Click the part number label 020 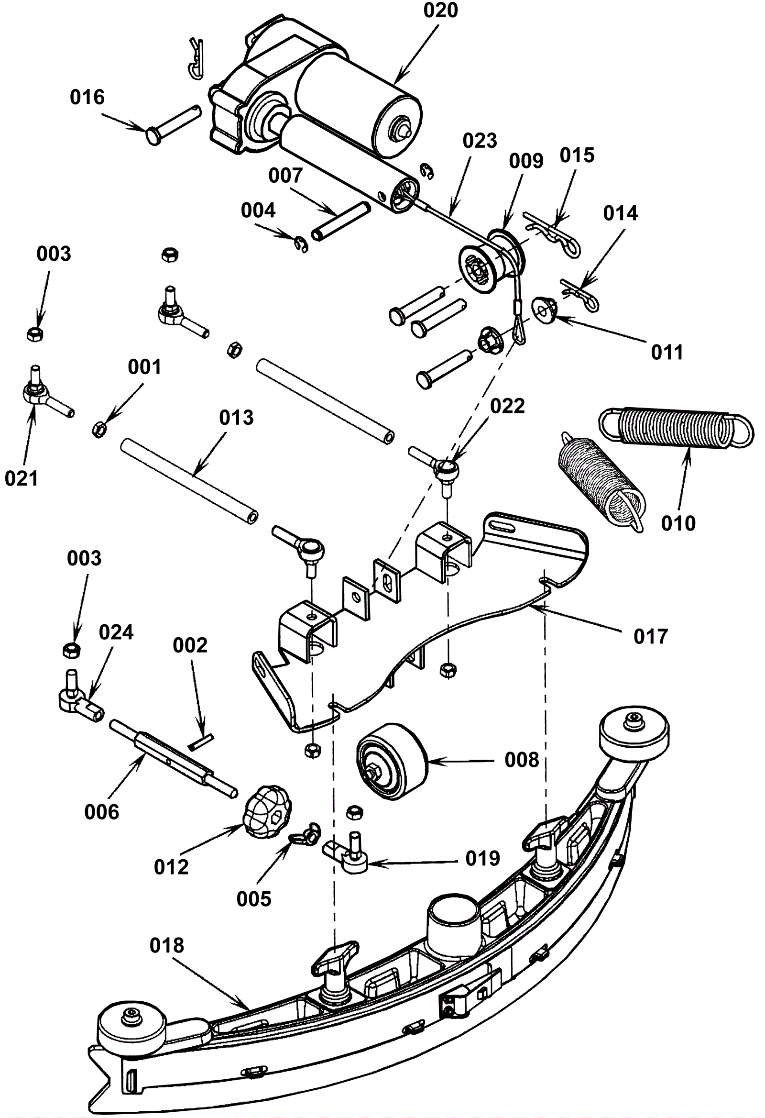pyautogui.click(x=440, y=10)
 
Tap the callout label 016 pyautogui.click(x=87, y=97)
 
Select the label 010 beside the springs pyautogui.click(x=678, y=523)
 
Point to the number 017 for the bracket pyautogui.click(x=651, y=636)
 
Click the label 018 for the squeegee pyautogui.click(x=167, y=945)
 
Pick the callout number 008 pyautogui.click(x=522, y=760)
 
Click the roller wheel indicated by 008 pyautogui.click(x=392, y=761)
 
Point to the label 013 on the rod pyautogui.click(x=236, y=418)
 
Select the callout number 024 pyautogui.click(x=116, y=632)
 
